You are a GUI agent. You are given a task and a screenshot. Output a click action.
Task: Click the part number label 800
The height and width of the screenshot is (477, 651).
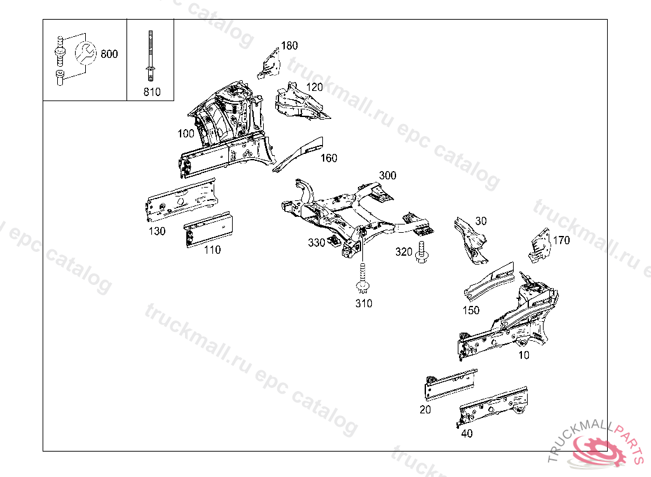coord(109,54)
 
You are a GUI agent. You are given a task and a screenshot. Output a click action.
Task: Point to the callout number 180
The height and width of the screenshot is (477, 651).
coord(289,46)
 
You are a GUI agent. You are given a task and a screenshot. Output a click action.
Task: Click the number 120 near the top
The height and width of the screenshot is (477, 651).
coord(314,87)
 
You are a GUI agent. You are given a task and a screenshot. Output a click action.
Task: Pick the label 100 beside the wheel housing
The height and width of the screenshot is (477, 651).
coord(186,134)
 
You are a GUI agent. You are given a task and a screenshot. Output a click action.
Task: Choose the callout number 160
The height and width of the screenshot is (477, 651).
coord(329,158)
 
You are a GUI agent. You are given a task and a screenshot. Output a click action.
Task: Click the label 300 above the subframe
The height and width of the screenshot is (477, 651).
coord(387,176)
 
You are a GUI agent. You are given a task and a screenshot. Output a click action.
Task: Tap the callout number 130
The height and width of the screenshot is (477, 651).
coord(157,231)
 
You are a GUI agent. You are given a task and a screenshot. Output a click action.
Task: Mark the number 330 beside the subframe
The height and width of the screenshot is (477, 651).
coord(317,242)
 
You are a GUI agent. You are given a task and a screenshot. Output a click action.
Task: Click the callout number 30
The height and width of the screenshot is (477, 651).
coord(481,221)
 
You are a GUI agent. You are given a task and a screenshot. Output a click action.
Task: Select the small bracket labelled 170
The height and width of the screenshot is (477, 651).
coord(538,246)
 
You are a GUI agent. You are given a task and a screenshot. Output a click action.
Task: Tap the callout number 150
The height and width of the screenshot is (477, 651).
coord(471,310)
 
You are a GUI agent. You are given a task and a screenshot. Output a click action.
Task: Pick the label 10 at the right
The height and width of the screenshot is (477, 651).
coord(523,355)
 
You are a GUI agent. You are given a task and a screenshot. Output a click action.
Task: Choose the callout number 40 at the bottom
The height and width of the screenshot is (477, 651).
coord(467,434)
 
